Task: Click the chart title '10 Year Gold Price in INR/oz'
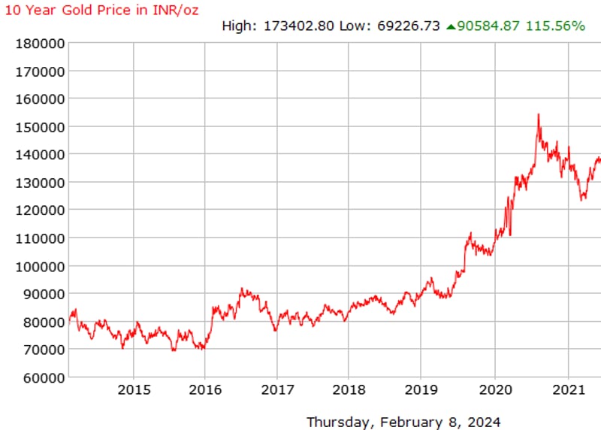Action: pos(102,10)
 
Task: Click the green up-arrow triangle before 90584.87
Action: pos(451,26)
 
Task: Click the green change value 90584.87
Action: pos(488,26)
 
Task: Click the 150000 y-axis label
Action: pos(41,126)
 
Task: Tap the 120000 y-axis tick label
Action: pos(41,210)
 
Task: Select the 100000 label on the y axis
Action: pos(41,265)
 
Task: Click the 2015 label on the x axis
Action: pos(134,389)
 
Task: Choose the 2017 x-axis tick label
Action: pos(276,389)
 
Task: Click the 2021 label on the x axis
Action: pos(568,389)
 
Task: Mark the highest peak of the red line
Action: pos(539,115)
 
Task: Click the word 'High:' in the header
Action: pos(239,26)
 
